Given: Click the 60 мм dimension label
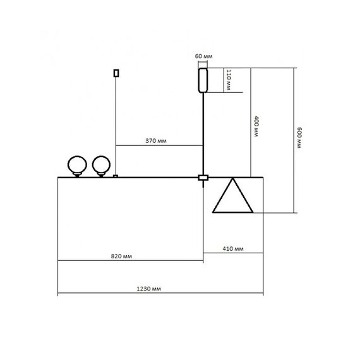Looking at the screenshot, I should point(202,57).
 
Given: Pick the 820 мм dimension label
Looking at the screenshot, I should point(121,256).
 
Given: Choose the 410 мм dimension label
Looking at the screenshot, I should point(234,249).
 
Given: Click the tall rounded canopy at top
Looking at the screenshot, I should point(203,80).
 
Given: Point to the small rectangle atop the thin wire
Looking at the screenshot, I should point(115,73).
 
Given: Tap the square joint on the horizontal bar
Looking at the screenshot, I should point(203,178).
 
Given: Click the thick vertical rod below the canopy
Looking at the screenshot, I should point(203,133).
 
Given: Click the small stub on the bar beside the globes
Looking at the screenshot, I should point(115,176).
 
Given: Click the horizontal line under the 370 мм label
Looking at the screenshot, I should point(158,146).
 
